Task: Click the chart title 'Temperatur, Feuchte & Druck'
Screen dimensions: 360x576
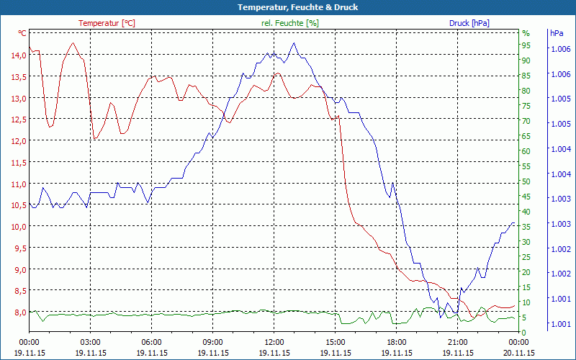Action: (x=288, y=7)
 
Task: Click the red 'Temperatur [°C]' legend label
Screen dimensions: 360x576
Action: (x=107, y=23)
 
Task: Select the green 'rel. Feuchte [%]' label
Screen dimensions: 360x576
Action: (x=289, y=23)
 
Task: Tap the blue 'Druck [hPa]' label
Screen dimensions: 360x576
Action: (x=469, y=23)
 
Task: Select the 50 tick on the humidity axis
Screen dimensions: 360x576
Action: (x=526, y=181)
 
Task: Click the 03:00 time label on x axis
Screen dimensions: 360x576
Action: (x=90, y=342)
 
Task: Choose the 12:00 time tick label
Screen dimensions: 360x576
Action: (x=274, y=342)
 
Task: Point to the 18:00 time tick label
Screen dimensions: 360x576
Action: (x=397, y=342)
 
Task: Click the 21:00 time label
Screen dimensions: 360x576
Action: (x=458, y=342)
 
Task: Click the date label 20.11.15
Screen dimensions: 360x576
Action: (x=519, y=353)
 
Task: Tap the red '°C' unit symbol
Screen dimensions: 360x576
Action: (x=22, y=33)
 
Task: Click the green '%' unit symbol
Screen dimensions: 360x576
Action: (x=526, y=33)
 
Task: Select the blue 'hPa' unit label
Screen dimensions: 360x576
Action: (x=557, y=33)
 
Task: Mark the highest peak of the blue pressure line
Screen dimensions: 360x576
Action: (x=294, y=43)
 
